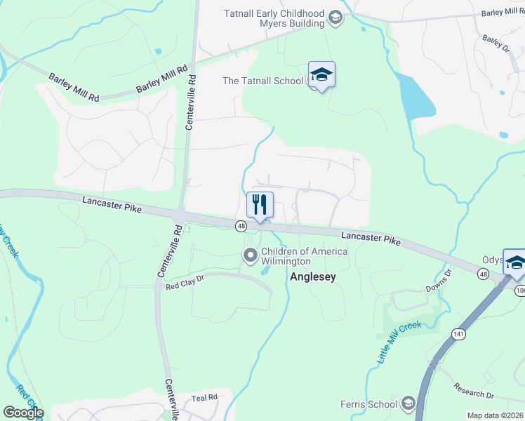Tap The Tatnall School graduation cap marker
tap(321, 75)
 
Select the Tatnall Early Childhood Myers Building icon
tap(335, 17)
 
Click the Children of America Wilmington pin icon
tap(250, 256)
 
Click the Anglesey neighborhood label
tap(313, 276)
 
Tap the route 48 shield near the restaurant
tap(241, 226)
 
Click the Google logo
tap(22, 413)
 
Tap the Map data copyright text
tap(494, 415)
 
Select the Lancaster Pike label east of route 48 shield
tap(371, 239)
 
